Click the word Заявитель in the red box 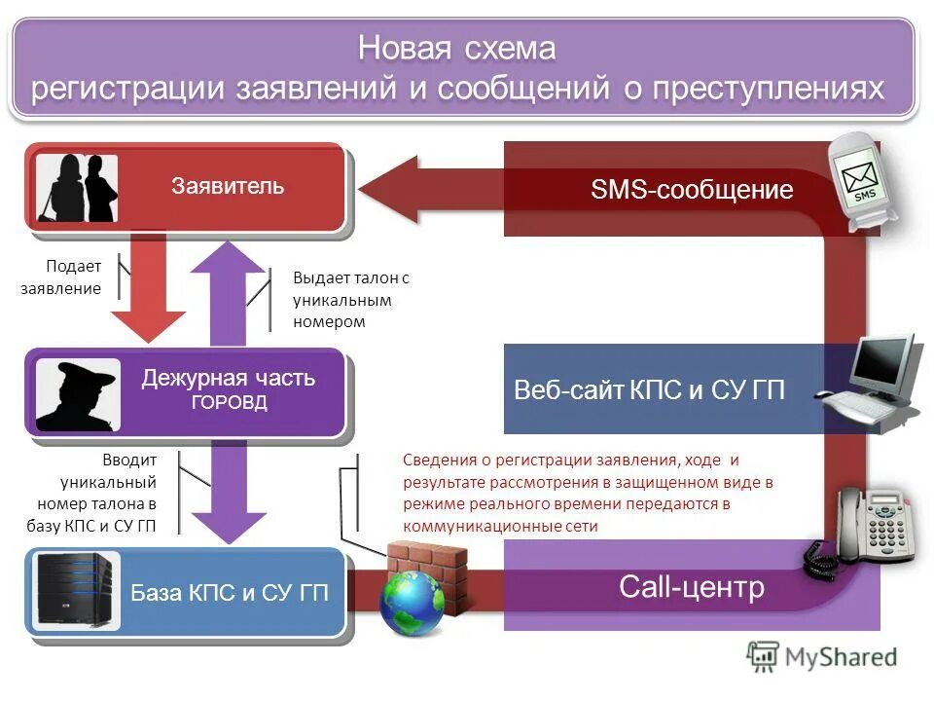coord(229,186)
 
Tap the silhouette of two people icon coord(78,188)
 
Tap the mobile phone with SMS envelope coord(858,184)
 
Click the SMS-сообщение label coord(692,190)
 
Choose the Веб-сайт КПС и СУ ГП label coord(649,391)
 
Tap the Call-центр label coord(692,587)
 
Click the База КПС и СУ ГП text coord(231,593)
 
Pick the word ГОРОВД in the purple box coord(229,403)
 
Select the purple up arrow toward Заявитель coord(230,292)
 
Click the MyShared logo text coord(843,657)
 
